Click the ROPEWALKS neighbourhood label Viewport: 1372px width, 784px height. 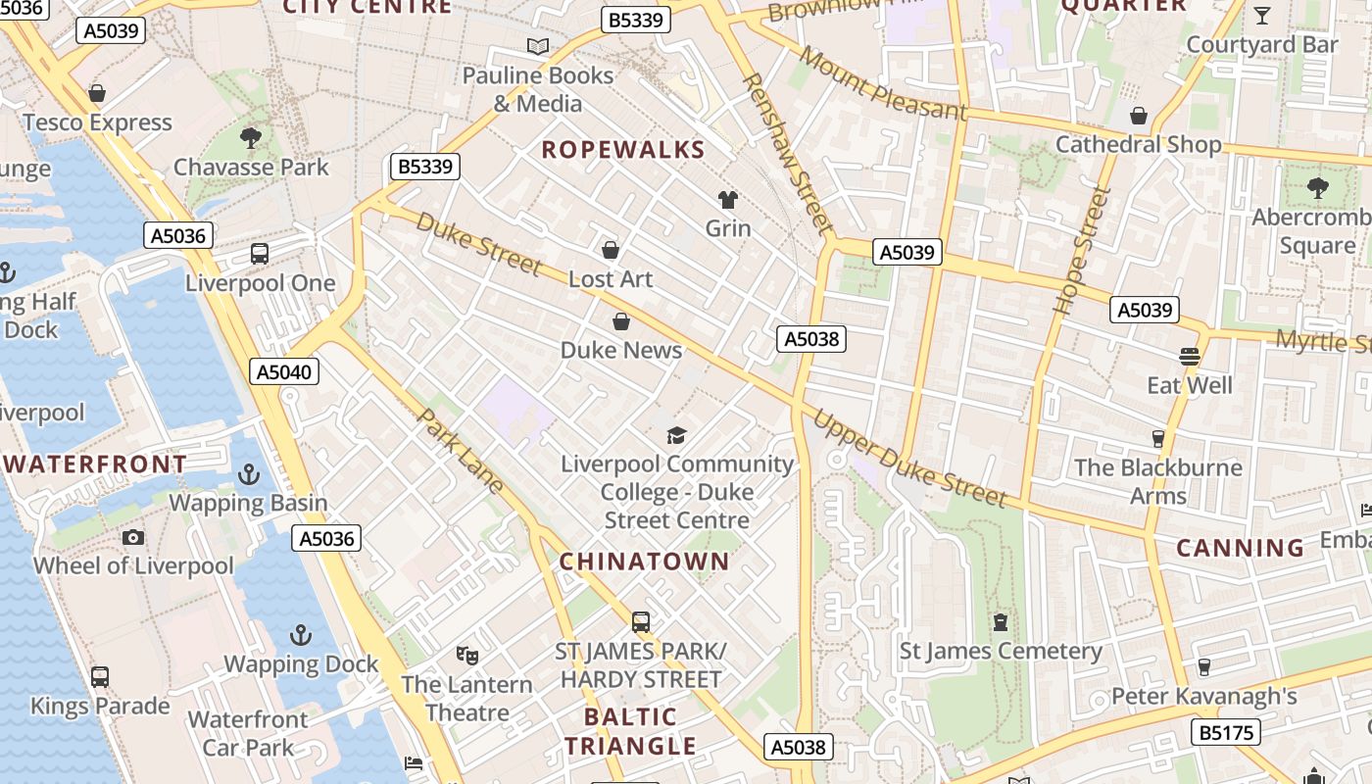click(x=622, y=150)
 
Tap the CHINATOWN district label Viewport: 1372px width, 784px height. click(x=644, y=562)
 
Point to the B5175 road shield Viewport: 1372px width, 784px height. click(x=1226, y=732)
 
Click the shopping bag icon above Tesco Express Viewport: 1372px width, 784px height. click(x=97, y=93)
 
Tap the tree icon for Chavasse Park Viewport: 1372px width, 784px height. click(x=251, y=137)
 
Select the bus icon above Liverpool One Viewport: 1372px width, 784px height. click(x=260, y=254)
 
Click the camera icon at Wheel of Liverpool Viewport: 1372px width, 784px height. click(x=133, y=537)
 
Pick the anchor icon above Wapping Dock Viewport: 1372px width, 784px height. click(x=301, y=635)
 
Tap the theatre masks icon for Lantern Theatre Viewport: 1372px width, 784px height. click(x=467, y=655)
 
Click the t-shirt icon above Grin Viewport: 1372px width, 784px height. click(x=727, y=200)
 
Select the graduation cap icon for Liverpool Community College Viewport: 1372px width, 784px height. click(x=676, y=435)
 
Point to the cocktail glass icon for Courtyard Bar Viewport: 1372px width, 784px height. click(x=1262, y=16)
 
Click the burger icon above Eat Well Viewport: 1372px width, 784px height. click(x=1190, y=356)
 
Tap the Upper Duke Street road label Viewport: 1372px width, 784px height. click(x=909, y=459)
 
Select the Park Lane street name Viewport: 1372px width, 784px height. click(x=460, y=451)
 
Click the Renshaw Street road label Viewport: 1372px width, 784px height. click(x=787, y=153)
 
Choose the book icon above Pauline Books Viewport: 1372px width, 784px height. click(x=537, y=46)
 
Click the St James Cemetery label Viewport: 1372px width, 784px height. click(x=1001, y=651)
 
